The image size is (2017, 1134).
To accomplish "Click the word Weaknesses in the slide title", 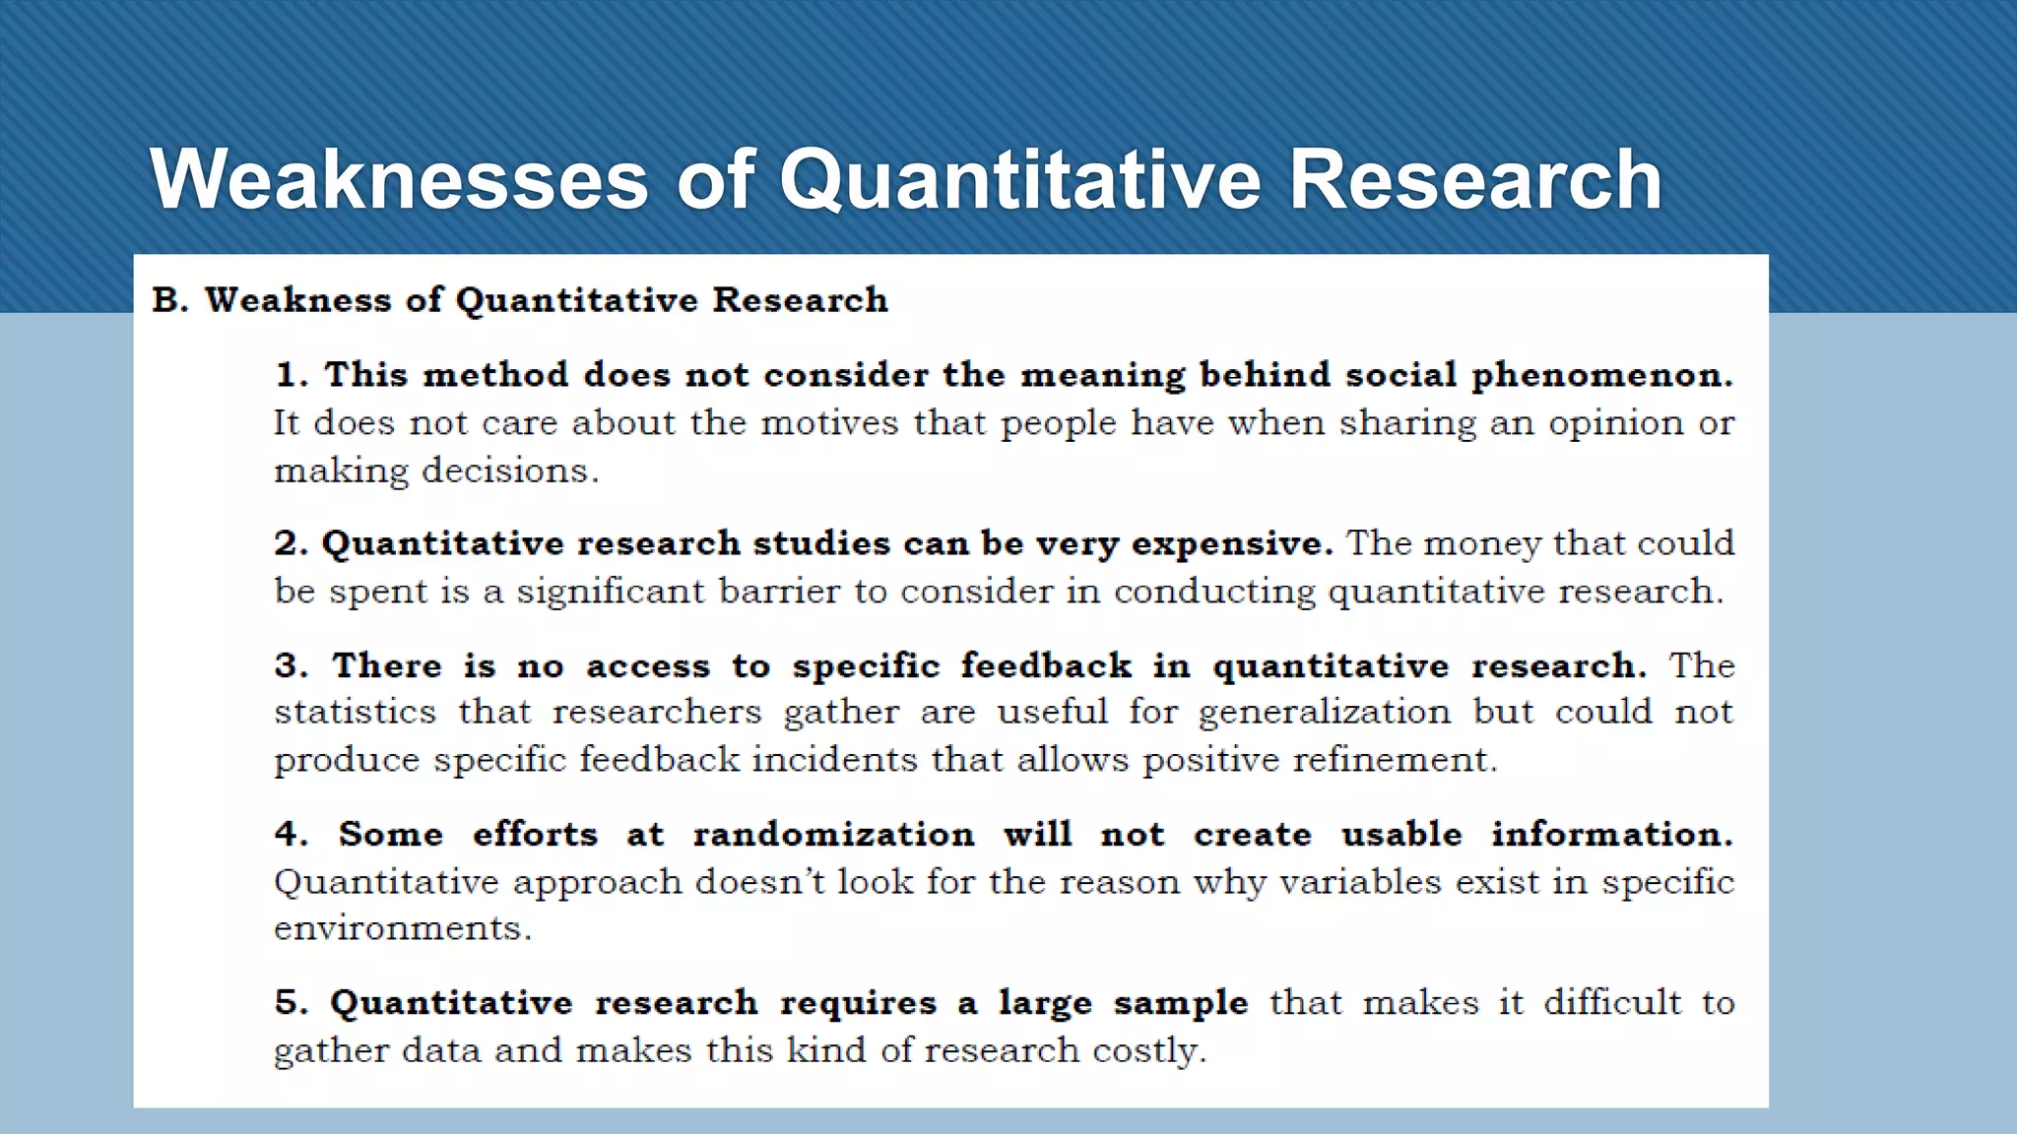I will point(399,179).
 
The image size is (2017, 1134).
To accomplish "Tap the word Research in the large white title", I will point(1474,179).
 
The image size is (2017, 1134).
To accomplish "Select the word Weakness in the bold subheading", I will point(297,300).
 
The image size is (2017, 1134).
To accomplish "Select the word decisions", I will point(510,471).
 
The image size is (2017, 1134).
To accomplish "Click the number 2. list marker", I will point(291,543).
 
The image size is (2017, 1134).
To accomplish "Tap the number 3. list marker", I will point(291,665).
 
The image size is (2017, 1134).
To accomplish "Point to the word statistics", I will point(355,712).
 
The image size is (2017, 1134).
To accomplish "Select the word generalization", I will point(1324,712).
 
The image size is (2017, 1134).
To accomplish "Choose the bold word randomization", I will point(833,835).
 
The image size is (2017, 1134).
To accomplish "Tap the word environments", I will point(402,928).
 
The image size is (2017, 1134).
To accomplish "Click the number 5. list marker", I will point(291,1003).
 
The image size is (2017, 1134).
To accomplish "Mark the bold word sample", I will point(1180,1003).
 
